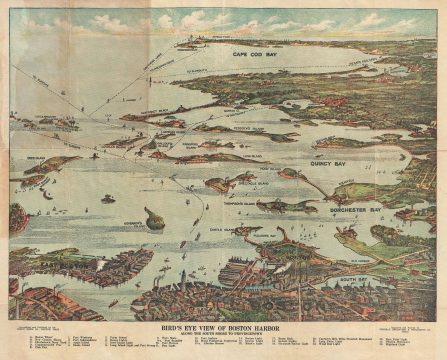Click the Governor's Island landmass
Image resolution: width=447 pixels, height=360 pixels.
point(152,217)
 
